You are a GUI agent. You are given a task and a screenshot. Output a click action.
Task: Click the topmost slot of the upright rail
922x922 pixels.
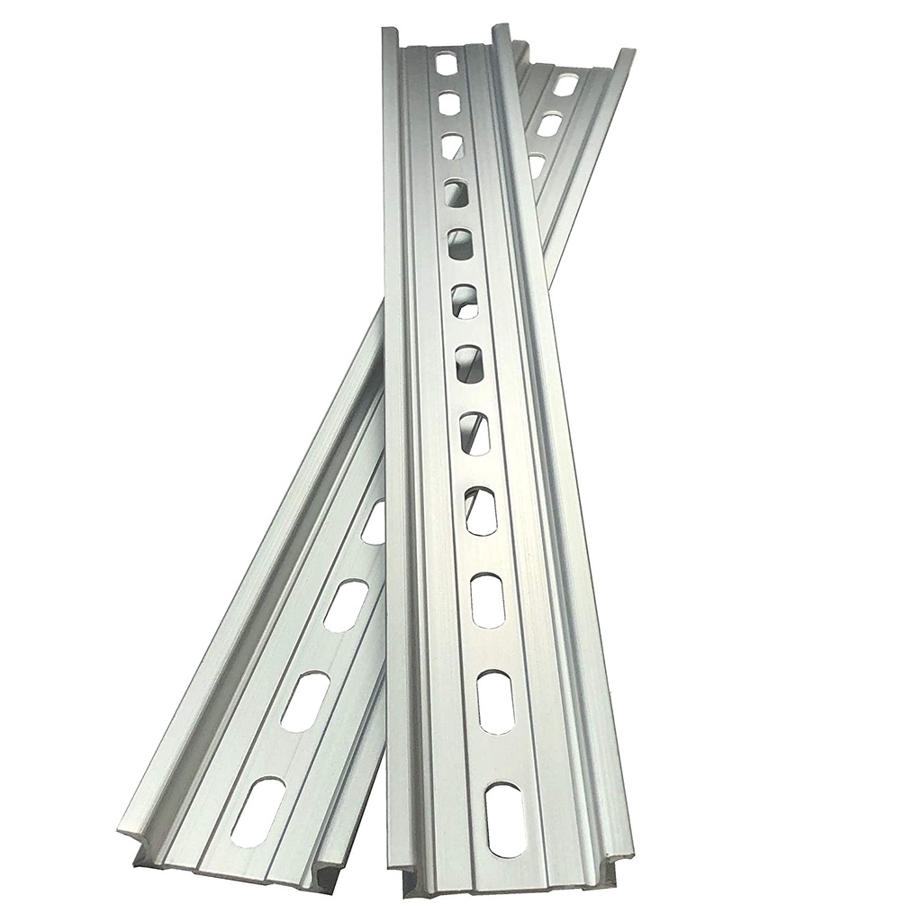447,63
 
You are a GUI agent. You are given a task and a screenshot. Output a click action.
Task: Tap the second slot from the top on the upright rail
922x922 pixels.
450,104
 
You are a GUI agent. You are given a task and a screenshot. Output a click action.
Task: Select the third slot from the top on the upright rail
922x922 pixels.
453,146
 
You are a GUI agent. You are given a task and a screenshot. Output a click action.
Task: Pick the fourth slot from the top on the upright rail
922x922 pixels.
456,192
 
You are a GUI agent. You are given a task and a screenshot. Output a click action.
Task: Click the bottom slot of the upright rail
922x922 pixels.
503,820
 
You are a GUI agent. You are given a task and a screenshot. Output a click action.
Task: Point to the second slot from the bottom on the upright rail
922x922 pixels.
495,700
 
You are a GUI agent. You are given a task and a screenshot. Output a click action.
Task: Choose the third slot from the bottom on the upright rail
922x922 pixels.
487,601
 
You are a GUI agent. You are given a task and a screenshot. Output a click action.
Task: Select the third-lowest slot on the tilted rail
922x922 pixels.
346,605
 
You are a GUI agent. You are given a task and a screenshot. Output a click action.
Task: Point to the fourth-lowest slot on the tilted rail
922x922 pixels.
375,523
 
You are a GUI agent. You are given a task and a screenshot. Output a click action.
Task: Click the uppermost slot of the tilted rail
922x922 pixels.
565,86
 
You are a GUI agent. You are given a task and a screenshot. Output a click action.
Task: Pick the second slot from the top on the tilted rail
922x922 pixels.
548,124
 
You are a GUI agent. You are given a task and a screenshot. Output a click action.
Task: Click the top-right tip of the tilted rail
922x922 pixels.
629,51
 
